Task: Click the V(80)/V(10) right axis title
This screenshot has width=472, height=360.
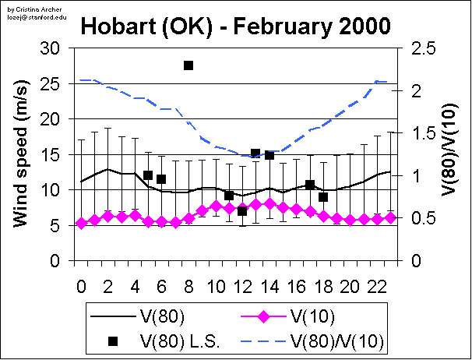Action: [452, 154]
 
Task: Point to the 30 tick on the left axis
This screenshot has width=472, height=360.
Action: [51, 48]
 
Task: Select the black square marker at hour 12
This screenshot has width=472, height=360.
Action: [242, 211]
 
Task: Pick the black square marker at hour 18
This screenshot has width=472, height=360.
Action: [323, 197]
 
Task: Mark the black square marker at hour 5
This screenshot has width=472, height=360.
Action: [148, 175]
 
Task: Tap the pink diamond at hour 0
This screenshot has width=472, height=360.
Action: [81, 224]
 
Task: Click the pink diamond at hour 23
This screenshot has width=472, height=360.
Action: [390, 217]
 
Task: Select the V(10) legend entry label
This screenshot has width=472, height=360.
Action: [309, 316]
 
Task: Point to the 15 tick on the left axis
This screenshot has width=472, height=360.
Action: [51, 154]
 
